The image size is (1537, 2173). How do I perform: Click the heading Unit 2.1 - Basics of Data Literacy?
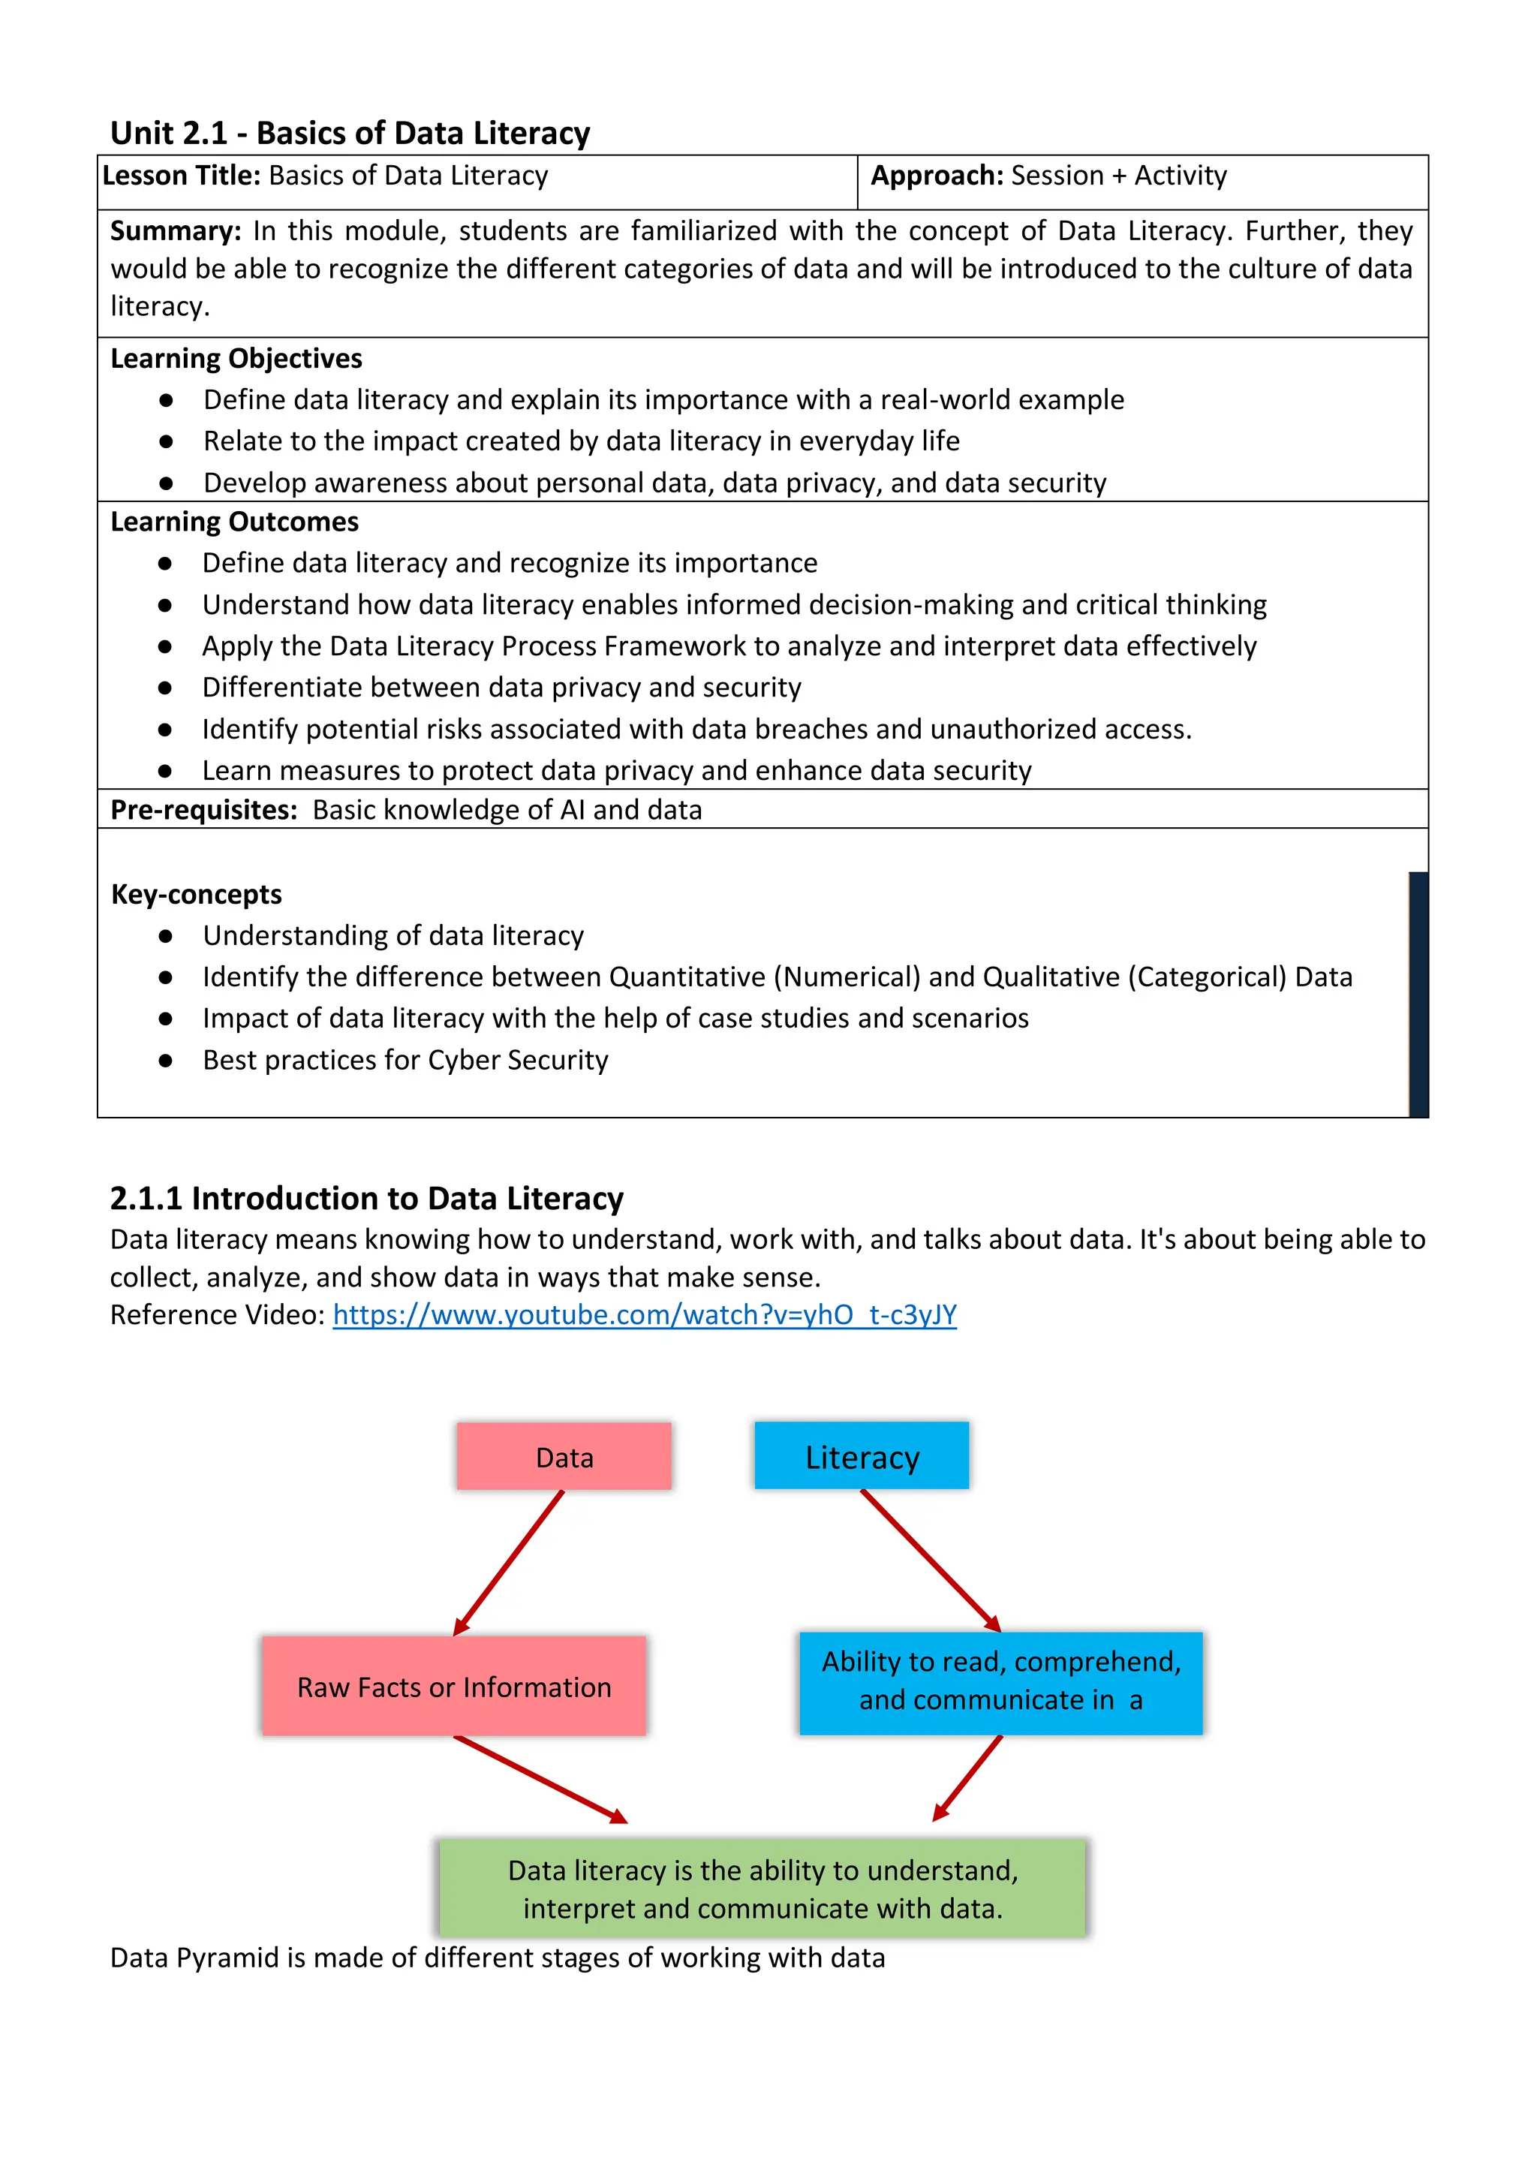[350, 134]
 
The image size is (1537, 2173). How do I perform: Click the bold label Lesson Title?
[181, 176]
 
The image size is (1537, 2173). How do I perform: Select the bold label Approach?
[936, 176]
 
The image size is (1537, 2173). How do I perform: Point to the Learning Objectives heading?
[236, 359]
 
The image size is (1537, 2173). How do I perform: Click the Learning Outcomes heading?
[235, 522]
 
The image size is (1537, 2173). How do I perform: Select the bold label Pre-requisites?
[203, 810]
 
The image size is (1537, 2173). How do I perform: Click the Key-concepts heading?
[196, 895]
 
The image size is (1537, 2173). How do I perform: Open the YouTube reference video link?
[645, 1314]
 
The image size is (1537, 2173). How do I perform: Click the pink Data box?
[564, 1457]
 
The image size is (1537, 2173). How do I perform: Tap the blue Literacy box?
[862, 1457]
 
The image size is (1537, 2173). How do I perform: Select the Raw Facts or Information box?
[454, 1687]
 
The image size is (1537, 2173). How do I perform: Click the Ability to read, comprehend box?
[1000, 1682]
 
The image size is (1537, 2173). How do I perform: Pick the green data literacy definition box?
[762, 1888]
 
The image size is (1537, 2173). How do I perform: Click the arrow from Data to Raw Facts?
[509, 1563]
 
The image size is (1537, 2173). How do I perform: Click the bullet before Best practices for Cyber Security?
[166, 1061]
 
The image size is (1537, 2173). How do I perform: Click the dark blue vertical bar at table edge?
[1418, 994]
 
